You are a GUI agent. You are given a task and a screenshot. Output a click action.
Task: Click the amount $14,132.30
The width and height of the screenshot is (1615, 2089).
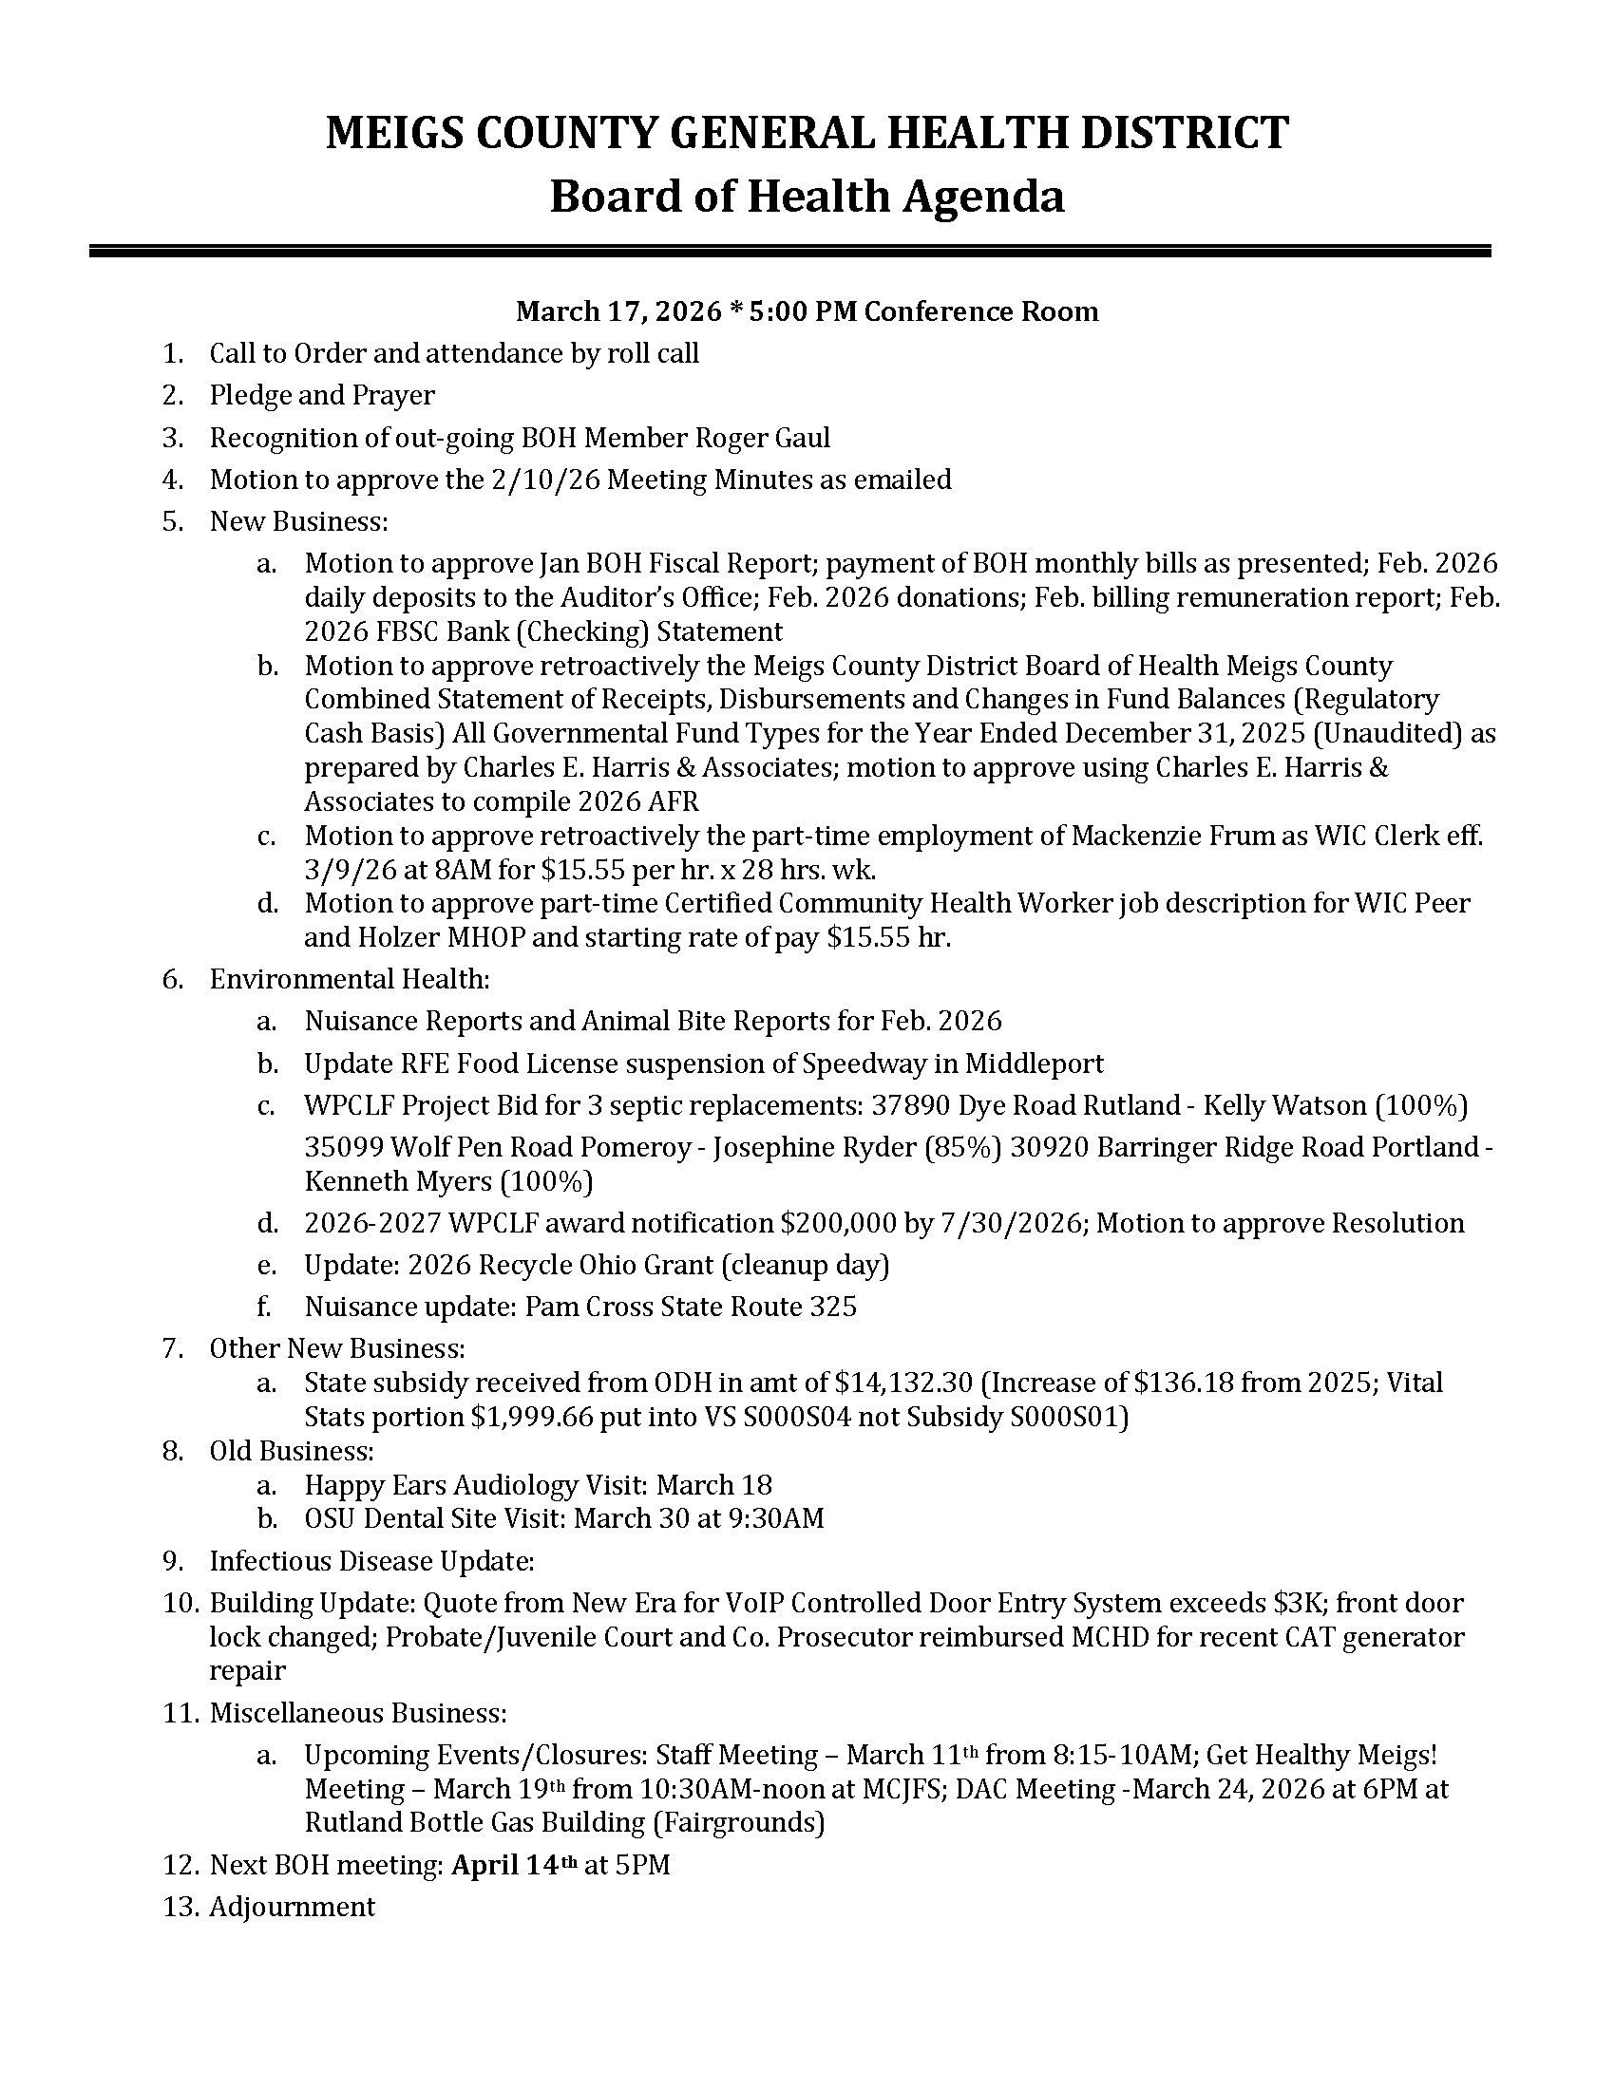904,1383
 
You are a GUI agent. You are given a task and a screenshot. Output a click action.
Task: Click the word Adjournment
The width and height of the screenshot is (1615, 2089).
292,1907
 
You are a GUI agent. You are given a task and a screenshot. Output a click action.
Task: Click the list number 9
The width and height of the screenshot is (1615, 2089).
173,1561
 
